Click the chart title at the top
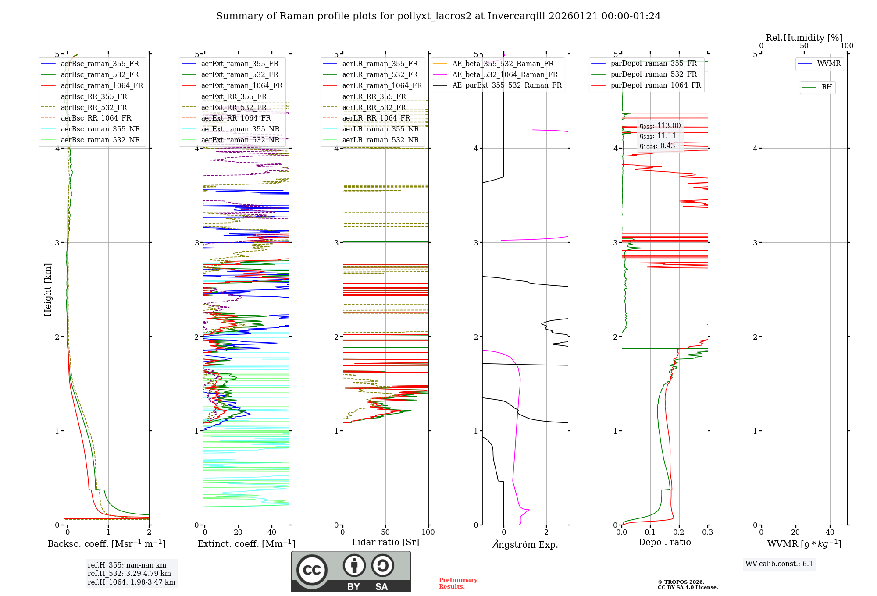pos(438,16)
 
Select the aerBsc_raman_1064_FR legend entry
pos(102,85)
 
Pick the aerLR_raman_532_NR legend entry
pos(380,140)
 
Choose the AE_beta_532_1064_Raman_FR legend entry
pos(505,74)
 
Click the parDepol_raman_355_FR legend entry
pos(653,63)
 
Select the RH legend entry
pos(827,87)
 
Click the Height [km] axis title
pos(48,290)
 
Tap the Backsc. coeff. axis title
pos(106,544)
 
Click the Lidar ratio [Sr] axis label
pos(385,542)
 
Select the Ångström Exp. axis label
pos(525,544)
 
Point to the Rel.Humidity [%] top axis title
pos(804,38)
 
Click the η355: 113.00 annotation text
pos(660,126)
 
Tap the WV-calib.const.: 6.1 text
pos(779,564)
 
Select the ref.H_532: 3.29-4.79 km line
pos(129,573)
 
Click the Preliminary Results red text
pos(458,583)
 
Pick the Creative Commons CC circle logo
pos(312,570)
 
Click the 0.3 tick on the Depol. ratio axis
pos(707,532)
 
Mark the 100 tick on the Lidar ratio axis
pos(428,532)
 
